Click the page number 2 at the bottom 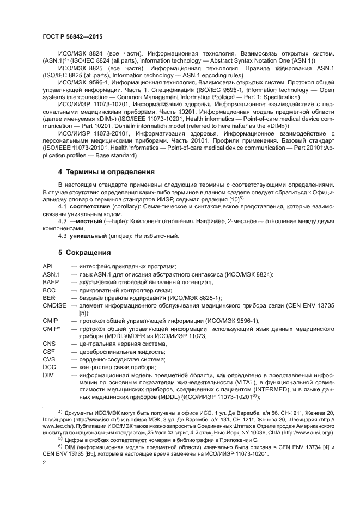click(44, 462)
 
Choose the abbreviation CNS click(48, 344)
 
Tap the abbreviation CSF click(48, 352)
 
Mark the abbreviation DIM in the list click(48, 375)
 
